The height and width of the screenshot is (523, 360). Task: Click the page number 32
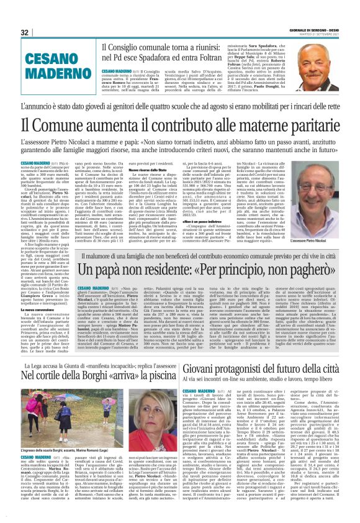click(x=25, y=32)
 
